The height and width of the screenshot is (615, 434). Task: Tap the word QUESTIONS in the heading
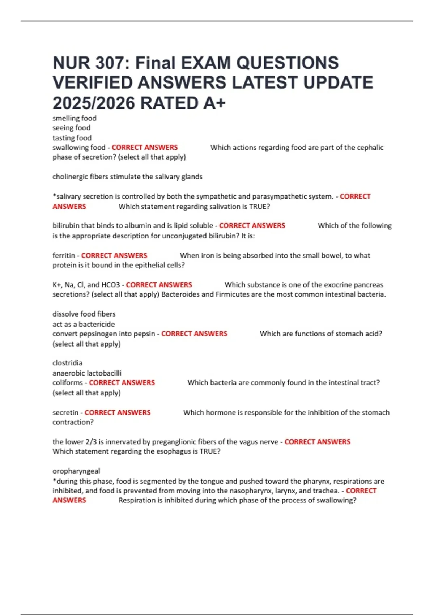288,63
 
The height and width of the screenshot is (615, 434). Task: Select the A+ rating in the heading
214,103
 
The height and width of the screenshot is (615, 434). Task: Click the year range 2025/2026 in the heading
94,103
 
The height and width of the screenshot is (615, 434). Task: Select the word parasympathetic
278,196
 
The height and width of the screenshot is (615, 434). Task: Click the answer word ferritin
64,255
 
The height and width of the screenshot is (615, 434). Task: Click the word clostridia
67,363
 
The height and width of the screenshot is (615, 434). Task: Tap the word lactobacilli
104,373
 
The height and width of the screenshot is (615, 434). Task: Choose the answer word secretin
65,413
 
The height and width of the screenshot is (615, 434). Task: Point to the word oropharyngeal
76,471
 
